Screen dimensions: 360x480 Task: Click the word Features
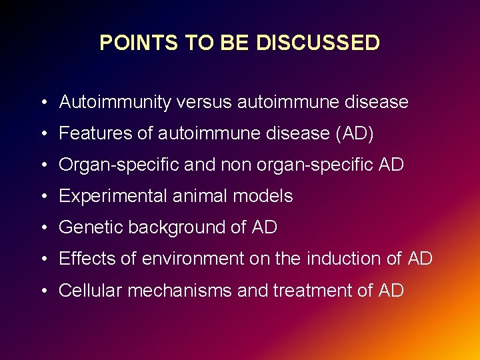(95, 133)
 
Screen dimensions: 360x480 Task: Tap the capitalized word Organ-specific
(119, 165)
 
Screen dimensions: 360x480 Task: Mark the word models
(266, 196)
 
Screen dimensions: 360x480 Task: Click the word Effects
(86, 259)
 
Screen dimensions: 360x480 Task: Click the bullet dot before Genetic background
(43, 228)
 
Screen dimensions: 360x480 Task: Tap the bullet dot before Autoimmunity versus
(43, 103)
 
